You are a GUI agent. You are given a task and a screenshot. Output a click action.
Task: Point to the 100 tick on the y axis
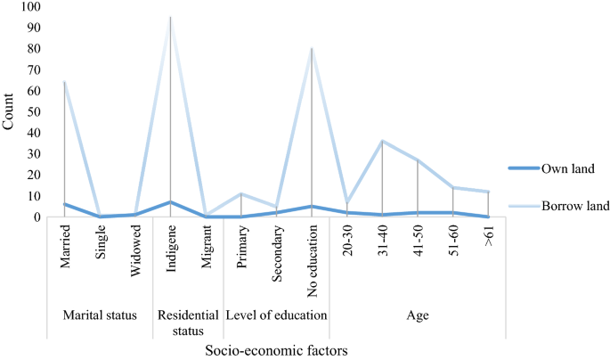32,6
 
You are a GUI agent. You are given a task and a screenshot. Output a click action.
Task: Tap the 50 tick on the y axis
35,112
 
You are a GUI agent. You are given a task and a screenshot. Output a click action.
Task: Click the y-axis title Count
9,110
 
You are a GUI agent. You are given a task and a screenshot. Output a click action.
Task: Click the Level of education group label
276,316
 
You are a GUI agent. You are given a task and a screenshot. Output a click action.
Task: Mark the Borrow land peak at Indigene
170,17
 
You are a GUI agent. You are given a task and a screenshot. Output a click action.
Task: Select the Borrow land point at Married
64,82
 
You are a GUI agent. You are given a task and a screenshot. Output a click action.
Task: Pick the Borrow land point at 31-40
381,141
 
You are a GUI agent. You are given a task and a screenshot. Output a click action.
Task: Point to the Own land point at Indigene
170,202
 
